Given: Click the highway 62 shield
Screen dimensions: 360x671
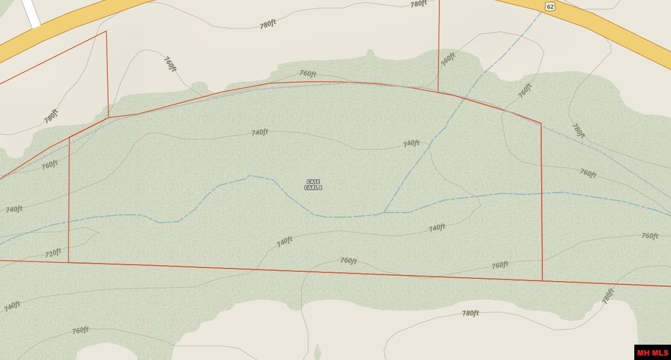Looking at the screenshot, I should [550, 6].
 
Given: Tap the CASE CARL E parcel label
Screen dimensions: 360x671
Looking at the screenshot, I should [313, 185].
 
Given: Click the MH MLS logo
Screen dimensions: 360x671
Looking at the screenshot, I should [652, 352].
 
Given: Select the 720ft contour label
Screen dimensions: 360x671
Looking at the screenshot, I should [53, 253].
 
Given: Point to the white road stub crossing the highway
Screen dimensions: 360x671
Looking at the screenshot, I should [32, 14].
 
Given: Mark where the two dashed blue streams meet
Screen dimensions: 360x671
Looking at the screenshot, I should [384, 212].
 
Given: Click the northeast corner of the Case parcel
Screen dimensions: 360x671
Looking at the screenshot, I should [541, 124].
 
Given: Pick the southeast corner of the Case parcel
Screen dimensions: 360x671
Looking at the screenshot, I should [542, 281].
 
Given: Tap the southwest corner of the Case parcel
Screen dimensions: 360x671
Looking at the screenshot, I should [68, 262].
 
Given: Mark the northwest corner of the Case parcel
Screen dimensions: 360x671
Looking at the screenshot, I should [69, 138].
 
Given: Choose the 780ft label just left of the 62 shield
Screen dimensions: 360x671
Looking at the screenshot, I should [418, 4].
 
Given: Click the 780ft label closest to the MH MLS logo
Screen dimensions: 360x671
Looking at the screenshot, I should [607, 296].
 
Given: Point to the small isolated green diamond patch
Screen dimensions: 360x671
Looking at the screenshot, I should [317, 352].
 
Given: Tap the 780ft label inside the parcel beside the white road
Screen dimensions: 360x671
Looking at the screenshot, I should [51, 116].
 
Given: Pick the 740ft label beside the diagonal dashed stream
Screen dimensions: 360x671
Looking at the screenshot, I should [411, 144].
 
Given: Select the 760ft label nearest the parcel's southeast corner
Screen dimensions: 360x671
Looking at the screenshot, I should [500, 265].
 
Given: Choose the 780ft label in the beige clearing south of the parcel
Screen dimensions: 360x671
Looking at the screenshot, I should [470, 313].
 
